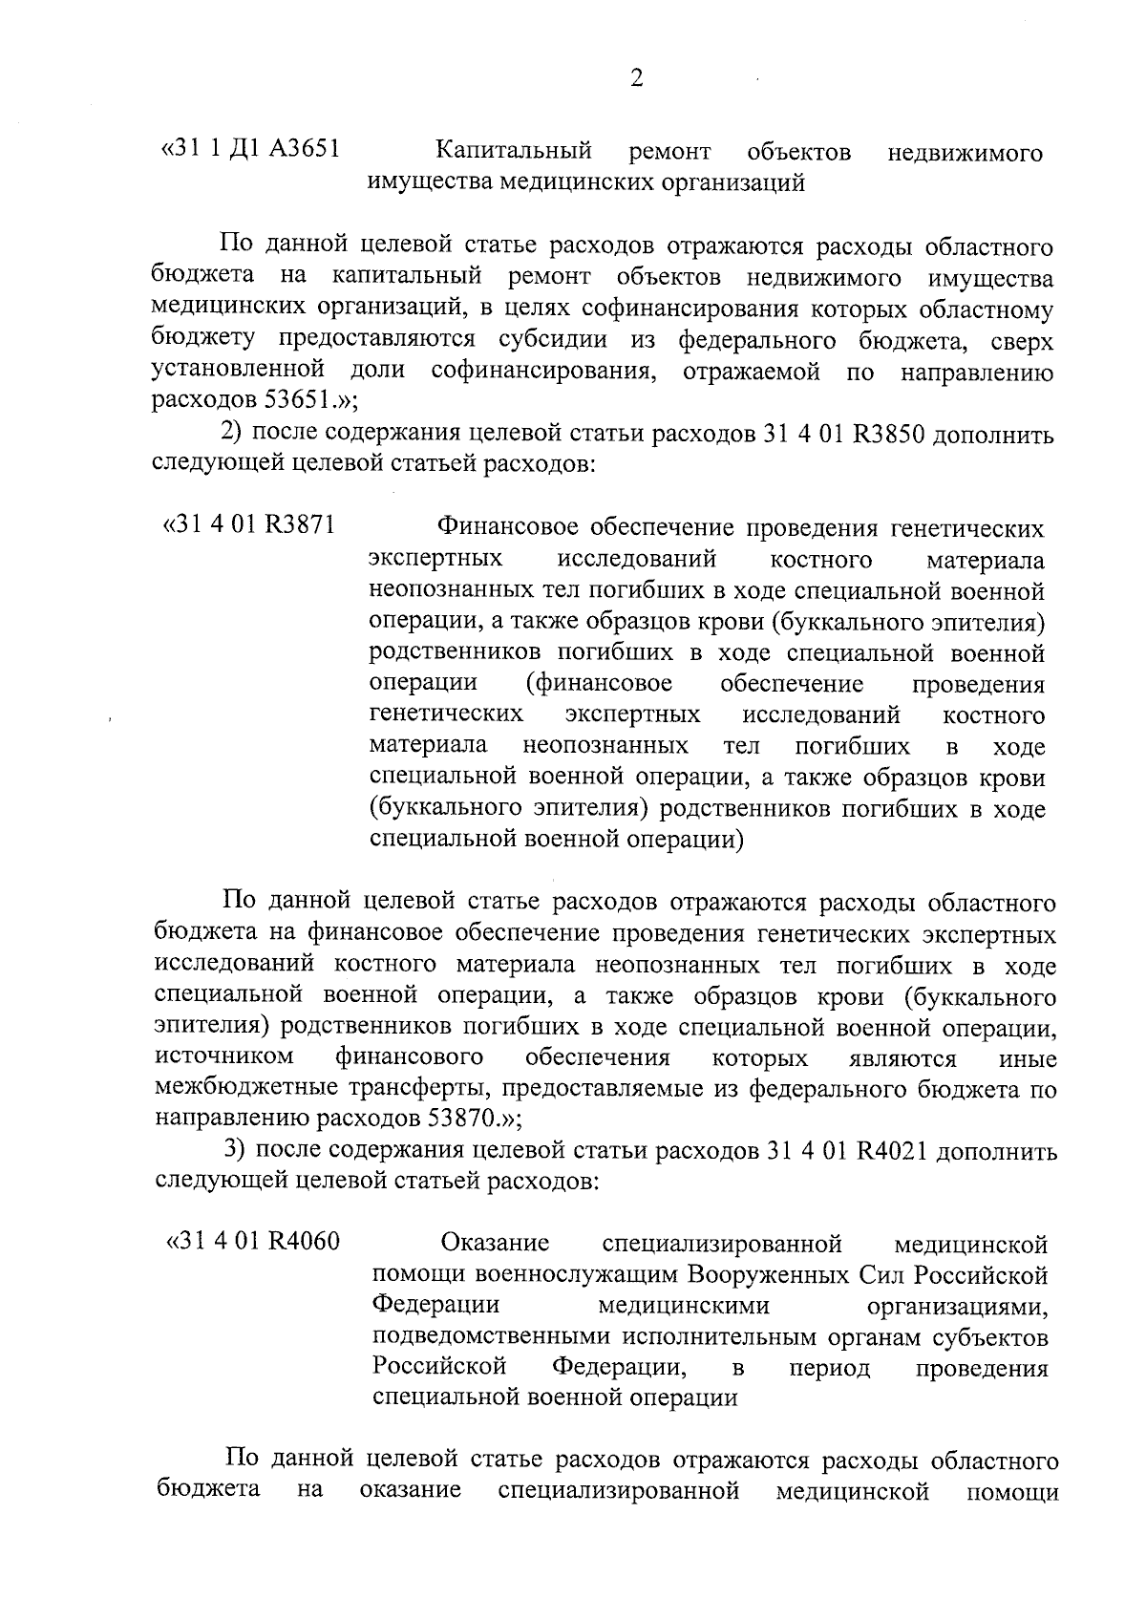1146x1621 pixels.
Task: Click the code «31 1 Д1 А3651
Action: (251, 150)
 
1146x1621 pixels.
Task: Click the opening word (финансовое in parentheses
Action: (599, 684)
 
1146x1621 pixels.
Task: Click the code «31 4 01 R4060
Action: (253, 1242)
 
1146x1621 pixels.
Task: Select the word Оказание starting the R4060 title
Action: (495, 1244)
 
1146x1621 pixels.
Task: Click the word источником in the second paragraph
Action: (223, 1057)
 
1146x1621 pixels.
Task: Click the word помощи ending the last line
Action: (1011, 1491)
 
